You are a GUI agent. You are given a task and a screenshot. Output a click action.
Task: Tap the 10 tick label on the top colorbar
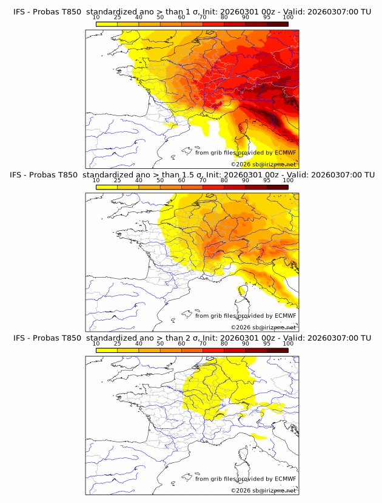(x=96, y=18)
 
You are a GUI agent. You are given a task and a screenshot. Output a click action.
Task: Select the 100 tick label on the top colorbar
(x=288, y=18)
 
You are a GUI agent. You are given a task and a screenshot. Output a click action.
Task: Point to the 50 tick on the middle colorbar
(x=160, y=180)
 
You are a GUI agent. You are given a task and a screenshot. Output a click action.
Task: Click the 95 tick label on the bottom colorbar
(x=267, y=344)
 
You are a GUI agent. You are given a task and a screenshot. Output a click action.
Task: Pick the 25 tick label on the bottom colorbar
(x=118, y=344)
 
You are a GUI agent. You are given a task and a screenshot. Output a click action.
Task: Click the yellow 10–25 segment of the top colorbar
(x=107, y=24)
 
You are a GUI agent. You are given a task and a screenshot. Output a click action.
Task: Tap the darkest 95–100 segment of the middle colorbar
(x=277, y=187)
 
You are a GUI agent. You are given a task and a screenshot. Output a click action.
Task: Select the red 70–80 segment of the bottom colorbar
(x=213, y=351)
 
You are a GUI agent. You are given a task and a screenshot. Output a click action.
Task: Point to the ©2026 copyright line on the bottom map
(x=263, y=490)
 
